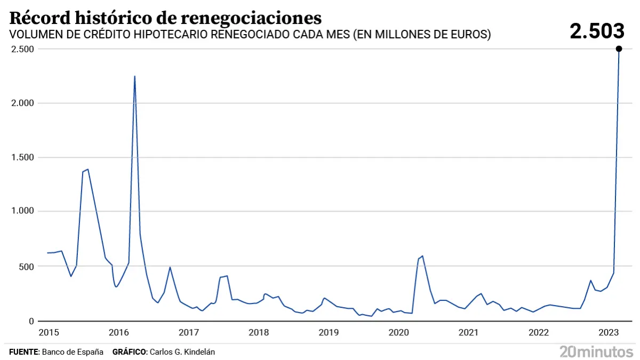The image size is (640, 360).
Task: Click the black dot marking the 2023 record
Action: [619, 49]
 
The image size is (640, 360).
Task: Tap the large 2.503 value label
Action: [596, 31]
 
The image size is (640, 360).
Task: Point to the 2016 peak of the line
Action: [134, 76]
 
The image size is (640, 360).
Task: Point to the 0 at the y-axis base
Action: [32, 321]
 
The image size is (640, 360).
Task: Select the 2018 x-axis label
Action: [259, 333]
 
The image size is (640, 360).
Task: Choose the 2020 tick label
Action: [398, 333]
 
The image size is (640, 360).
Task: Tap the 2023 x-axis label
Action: [609, 333]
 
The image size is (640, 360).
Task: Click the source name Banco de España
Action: [73, 352]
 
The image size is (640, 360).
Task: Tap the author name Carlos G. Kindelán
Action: [183, 352]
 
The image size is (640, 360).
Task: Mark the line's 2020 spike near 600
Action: [422, 256]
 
